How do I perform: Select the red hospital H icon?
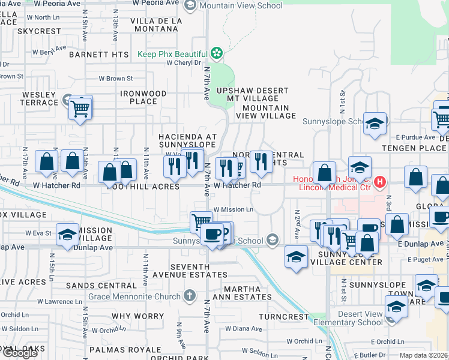pos(379,181)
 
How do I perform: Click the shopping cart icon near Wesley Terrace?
pos(79,109)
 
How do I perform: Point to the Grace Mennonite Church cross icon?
pos(189,296)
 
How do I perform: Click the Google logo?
pos(19,353)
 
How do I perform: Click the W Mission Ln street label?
pos(234,209)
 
